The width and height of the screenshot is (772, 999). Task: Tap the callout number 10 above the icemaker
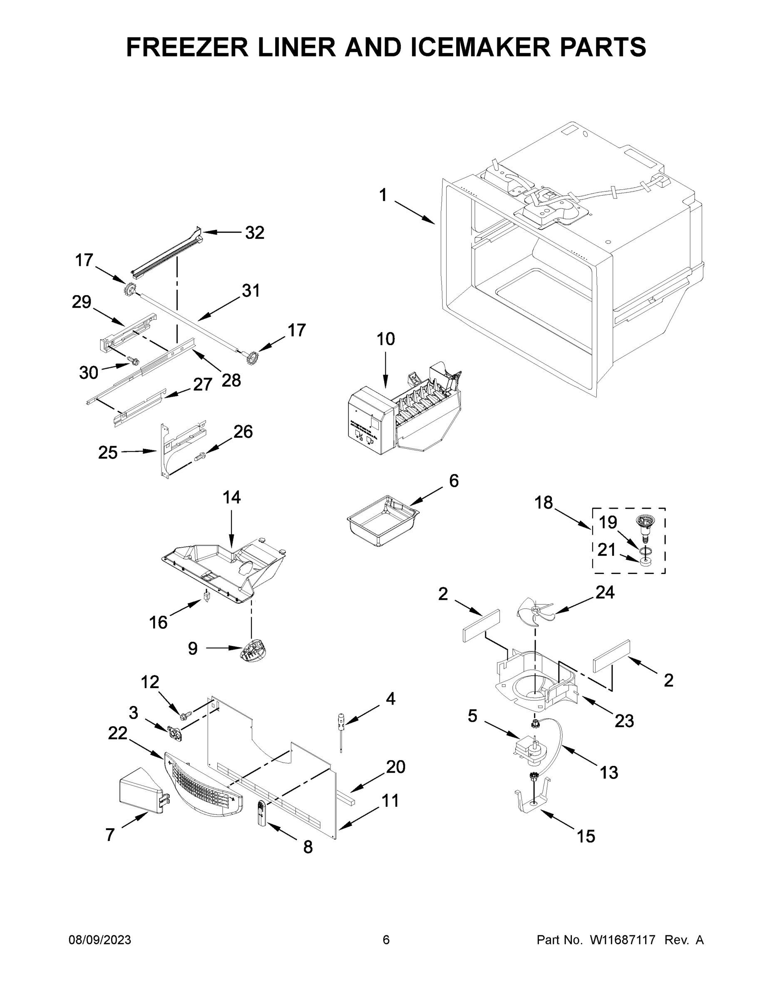coord(385,339)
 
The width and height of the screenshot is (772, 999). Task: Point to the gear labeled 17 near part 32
coord(130,290)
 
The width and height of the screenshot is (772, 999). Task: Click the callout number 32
coord(255,233)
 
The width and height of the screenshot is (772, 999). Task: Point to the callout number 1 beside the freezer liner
coord(383,195)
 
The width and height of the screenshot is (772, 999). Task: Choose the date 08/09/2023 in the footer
coord(100,940)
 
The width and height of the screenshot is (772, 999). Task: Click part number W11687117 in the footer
coord(623,940)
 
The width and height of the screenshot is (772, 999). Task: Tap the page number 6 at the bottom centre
coord(386,940)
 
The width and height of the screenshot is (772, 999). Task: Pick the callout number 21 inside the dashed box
coord(606,550)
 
